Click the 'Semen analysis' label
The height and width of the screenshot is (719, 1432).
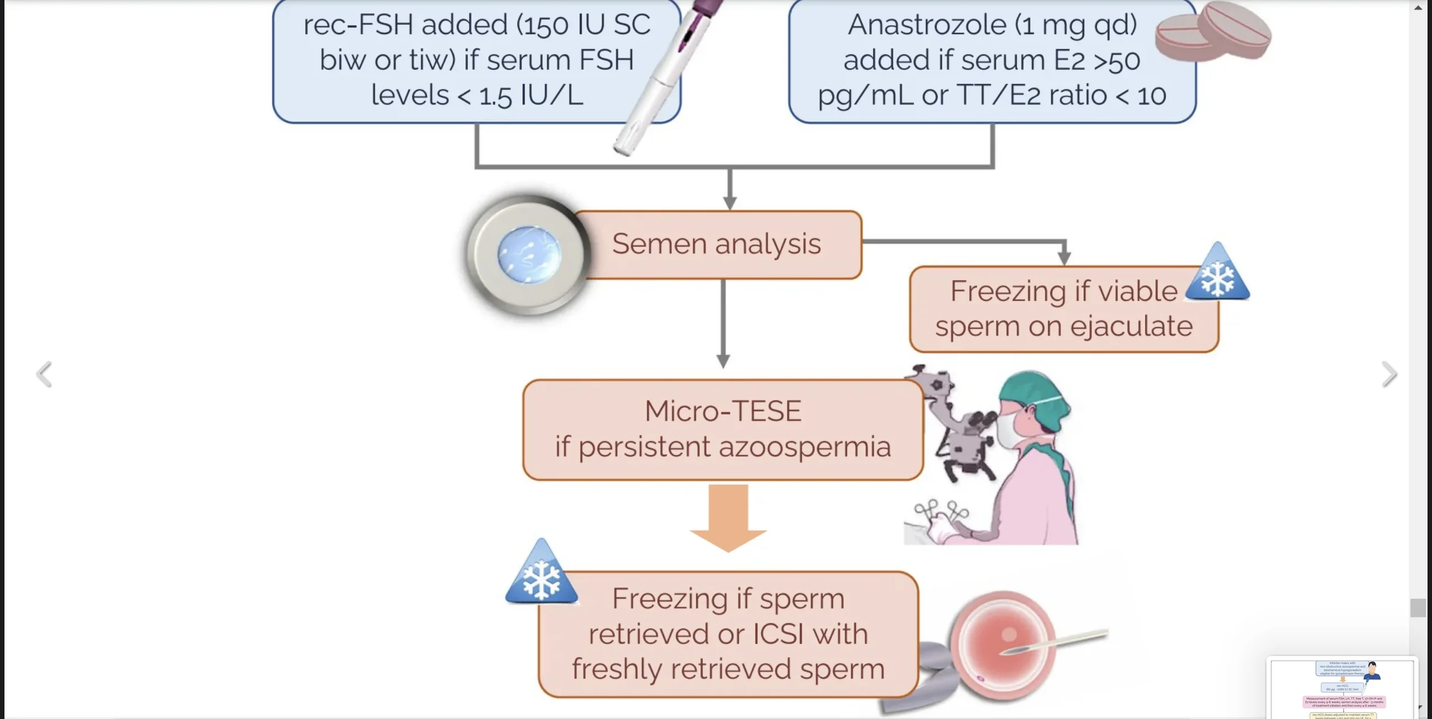click(716, 244)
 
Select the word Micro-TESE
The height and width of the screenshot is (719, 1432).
click(723, 411)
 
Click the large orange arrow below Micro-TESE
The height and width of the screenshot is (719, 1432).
click(728, 517)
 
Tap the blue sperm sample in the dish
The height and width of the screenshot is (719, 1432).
click(528, 255)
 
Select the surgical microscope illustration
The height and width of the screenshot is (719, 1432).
click(957, 425)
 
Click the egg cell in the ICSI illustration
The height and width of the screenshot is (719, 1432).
click(1001, 643)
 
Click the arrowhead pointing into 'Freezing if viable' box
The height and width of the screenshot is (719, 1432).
click(1064, 258)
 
